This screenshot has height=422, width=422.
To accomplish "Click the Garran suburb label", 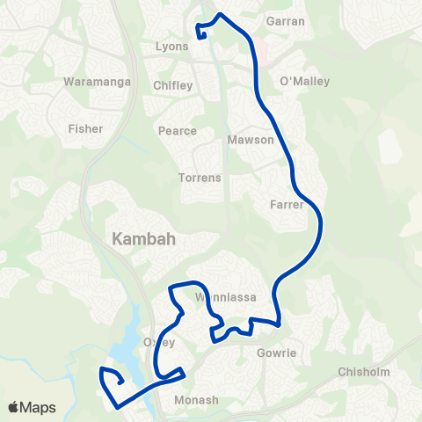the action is [286, 20].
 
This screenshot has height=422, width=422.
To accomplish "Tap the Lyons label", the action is [171, 47].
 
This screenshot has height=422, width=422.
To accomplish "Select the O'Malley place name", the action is [304, 82].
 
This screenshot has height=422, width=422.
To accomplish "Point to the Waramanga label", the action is [98, 82].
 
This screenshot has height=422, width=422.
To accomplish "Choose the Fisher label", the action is [85, 128].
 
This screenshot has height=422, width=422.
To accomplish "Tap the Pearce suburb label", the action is [177, 131].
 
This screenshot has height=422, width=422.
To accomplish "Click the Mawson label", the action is [251, 140].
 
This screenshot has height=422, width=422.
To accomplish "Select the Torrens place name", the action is [200, 178].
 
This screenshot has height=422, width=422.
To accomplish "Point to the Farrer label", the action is [287, 205].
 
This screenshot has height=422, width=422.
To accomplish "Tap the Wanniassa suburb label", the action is [226, 297].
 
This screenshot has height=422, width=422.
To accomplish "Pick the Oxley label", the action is [159, 342].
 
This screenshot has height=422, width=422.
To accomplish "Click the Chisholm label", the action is [364, 372].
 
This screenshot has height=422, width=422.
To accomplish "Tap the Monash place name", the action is [196, 400].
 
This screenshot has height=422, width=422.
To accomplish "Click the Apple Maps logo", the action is [32, 407].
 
